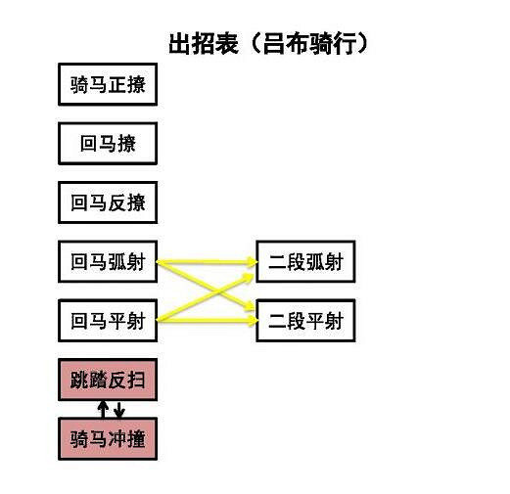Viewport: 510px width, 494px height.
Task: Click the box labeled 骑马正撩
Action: (108, 84)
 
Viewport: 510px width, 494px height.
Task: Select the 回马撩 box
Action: (108, 144)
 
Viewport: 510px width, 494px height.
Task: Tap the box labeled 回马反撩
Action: (108, 203)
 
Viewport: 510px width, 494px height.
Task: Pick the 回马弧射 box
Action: (108, 262)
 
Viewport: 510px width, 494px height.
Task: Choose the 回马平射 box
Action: (108, 321)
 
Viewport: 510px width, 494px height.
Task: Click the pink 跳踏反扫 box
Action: (108, 380)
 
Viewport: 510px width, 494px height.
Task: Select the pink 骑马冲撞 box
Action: (108, 438)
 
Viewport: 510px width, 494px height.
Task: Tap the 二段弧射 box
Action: (304, 262)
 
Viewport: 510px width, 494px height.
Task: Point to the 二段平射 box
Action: (304, 321)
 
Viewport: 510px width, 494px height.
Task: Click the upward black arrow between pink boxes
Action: (102, 409)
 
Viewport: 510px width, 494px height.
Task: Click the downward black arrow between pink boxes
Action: (118, 409)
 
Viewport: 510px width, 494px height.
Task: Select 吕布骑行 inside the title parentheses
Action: (311, 44)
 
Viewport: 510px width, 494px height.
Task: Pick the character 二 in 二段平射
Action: (277, 321)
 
